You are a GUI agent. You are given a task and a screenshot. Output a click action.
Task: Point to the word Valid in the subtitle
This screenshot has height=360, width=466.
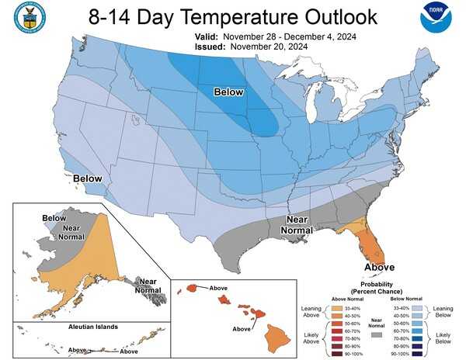click(207, 36)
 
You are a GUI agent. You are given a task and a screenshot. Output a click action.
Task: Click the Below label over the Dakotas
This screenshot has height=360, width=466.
click(229, 92)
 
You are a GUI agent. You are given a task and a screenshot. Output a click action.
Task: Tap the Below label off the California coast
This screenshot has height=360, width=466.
click(88, 178)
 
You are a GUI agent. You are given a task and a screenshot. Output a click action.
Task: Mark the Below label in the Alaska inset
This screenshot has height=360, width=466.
click(54, 219)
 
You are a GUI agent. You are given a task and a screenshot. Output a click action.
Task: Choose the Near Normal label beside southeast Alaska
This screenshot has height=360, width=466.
click(148, 286)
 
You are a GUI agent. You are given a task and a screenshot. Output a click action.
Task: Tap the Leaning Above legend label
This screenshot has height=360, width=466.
click(310, 311)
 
